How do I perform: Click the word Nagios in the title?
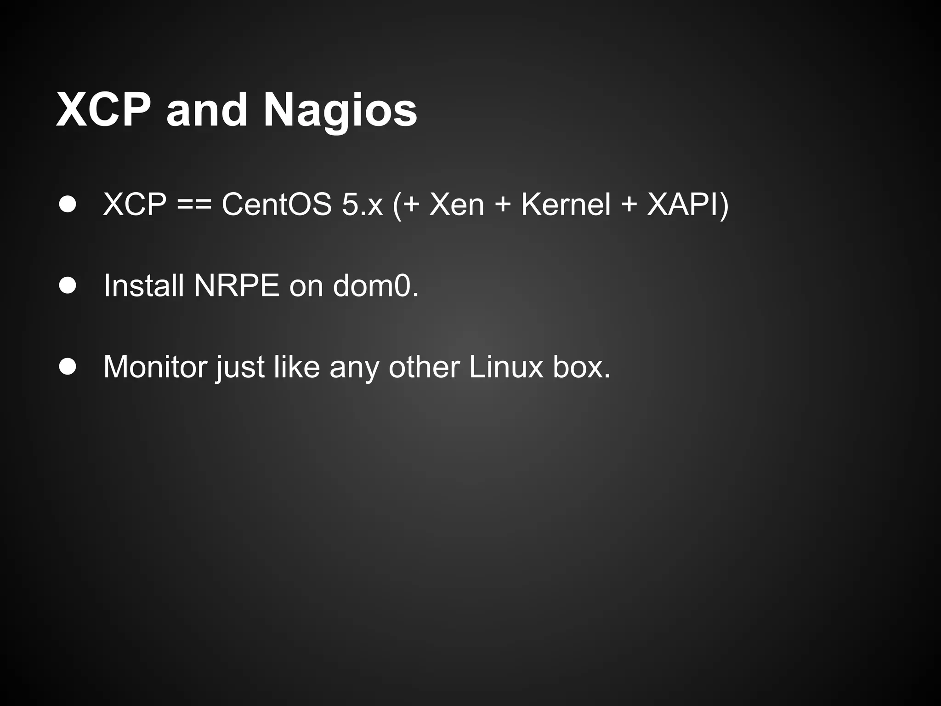click(x=340, y=110)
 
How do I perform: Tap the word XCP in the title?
click(x=103, y=110)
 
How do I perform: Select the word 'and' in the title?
click(x=207, y=110)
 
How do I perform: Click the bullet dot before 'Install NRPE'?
click(x=68, y=285)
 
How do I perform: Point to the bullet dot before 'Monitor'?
click(x=68, y=367)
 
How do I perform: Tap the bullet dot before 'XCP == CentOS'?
click(x=68, y=204)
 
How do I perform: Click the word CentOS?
click(x=277, y=204)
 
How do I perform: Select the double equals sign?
click(x=194, y=205)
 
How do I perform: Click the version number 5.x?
click(x=362, y=204)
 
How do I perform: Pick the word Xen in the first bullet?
click(x=457, y=204)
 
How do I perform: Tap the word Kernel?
click(x=566, y=204)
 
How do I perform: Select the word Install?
click(x=144, y=285)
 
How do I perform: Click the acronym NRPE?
click(x=237, y=285)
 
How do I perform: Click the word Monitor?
click(x=155, y=367)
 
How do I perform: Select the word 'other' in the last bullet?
click(x=424, y=367)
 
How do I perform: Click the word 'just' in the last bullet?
click(x=241, y=368)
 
